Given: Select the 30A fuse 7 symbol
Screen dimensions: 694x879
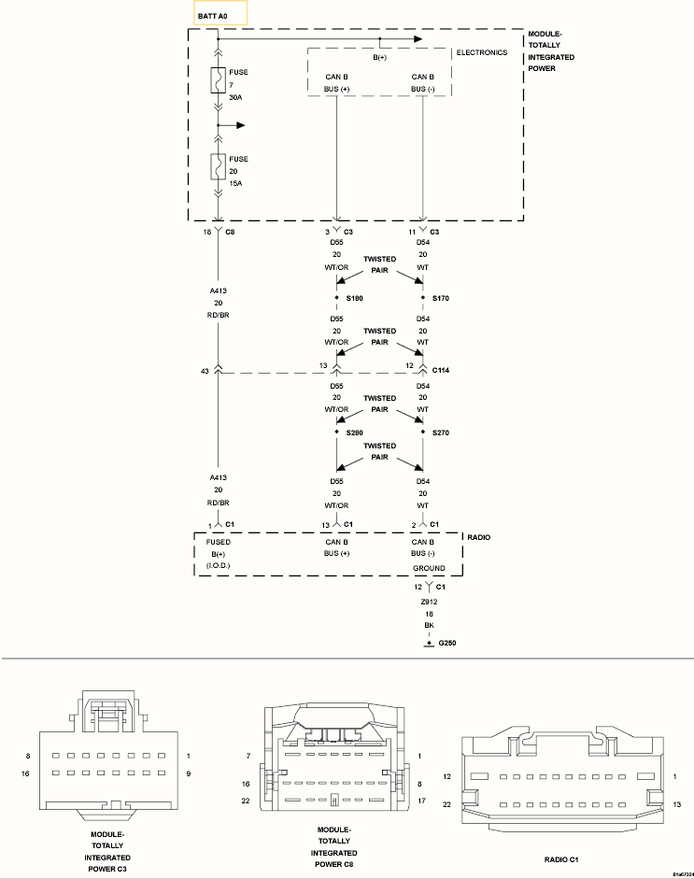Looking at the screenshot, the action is pyautogui.click(x=218, y=80).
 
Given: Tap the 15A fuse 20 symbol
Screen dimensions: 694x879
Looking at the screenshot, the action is pyautogui.click(x=218, y=166).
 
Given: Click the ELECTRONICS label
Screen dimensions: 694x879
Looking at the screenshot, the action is pyautogui.click(x=482, y=52).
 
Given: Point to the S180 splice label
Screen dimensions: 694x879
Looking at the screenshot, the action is pyautogui.click(x=354, y=298).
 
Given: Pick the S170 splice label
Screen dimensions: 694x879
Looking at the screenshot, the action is pyautogui.click(x=441, y=298).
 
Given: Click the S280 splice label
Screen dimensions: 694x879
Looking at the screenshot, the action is pyautogui.click(x=354, y=432).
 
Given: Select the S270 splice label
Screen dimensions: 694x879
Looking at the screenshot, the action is pyautogui.click(x=441, y=432).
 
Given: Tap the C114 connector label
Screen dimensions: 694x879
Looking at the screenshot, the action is pyautogui.click(x=441, y=370).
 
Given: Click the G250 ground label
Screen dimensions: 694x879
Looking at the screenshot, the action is pyautogui.click(x=446, y=643).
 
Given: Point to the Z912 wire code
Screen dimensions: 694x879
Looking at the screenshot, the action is pyautogui.click(x=429, y=602).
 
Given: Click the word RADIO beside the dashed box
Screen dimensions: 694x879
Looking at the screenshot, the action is pyautogui.click(x=479, y=537).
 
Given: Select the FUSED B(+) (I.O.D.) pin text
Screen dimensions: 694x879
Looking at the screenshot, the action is pyautogui.click(x=218, y=554).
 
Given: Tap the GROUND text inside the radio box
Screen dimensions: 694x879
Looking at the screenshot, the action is pyautogui.click(x=429, y=568).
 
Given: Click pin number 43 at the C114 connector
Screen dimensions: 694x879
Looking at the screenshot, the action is pyautogui.click(x=205, y=371).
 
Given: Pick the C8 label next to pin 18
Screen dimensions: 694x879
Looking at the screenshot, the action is pyautogui.click(x=230, y=232).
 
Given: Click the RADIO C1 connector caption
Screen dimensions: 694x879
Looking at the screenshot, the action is pyautogui.click(x=561, y=859).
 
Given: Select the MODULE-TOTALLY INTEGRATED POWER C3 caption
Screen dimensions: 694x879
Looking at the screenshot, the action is pyautogui.click(x=107, y=852).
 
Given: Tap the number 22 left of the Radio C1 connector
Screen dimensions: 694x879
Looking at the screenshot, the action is pyautogui.click(x=446, y=804).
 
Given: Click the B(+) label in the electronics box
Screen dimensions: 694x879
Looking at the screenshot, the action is pyautogui.click(x=379, y=57).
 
